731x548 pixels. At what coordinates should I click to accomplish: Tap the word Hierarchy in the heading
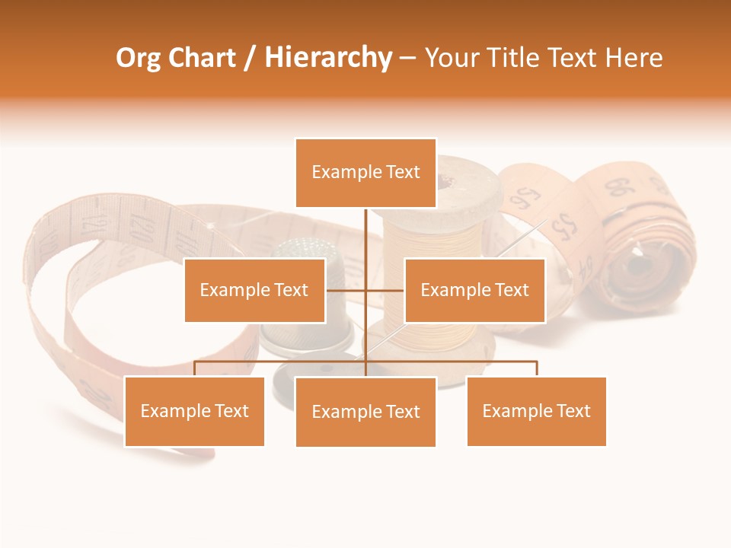(x=327, y=58)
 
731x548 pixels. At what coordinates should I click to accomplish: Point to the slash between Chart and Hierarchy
(x=250, y=58)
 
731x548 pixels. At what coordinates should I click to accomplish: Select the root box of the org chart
(x=365, y=173)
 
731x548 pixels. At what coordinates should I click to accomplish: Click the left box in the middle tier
(x=254, y=290)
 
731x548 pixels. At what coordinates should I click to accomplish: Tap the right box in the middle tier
(x=474, y=290)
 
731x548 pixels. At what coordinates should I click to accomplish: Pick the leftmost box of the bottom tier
(x=194, y=411)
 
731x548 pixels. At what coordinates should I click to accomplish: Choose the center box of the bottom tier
(x=365, y=412)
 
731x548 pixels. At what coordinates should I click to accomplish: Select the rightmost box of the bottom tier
(x=536, y=411)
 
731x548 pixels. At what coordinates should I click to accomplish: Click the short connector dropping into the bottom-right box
(x=537, y=368)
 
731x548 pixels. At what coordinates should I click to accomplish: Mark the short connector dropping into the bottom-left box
(x=194, y=368)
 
